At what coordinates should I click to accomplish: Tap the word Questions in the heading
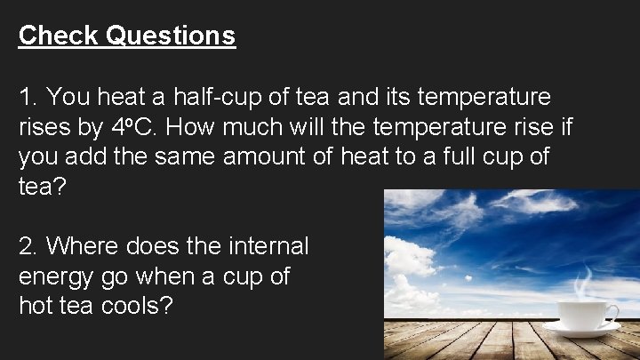(171, 36)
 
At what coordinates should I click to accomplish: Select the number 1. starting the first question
(28, 96)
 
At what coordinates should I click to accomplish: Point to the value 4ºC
(134, 127)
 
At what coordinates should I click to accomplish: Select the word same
(180, 157)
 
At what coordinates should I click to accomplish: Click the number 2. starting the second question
(28, 246)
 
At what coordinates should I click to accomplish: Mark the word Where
(84, 246)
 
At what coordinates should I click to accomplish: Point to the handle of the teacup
(611, 312)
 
